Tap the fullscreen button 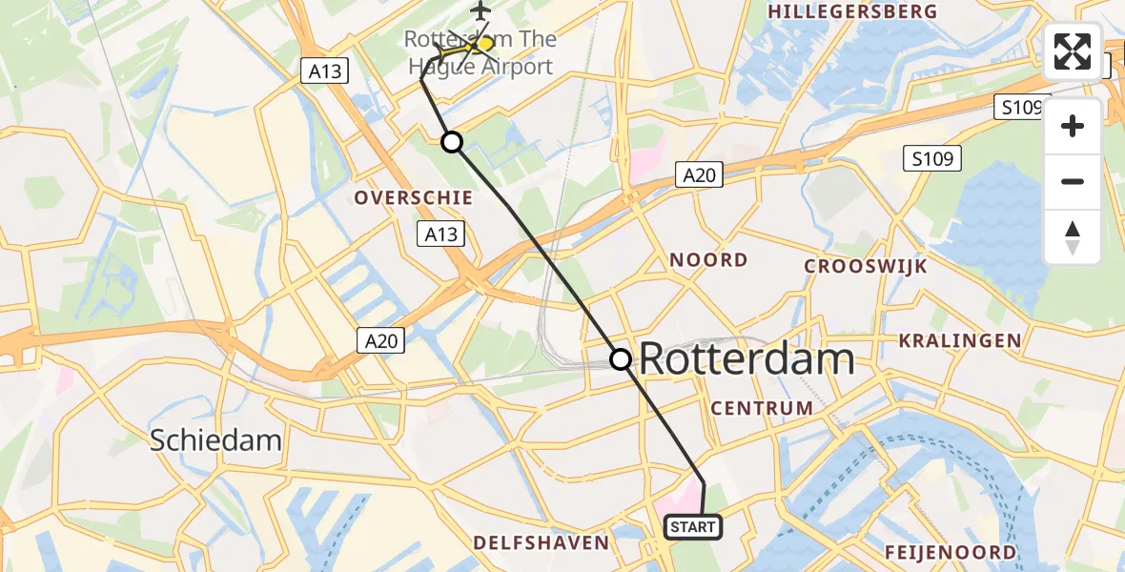click(x=1073, y=51)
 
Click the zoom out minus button click(x=1073, y=181)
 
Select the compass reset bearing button click(x=1073, y=237)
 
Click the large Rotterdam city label click(x=746, y=359)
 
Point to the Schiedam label click(x=215, y=439)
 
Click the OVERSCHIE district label click(x=413, y=197)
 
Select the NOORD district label click(x=708, y=260)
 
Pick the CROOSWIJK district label click(x=866, y=266)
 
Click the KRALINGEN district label click(x=959, y=340)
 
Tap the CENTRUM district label click(x=762, y=408)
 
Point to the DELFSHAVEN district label click(x=541, y=542)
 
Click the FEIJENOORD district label click(x=951, y=552)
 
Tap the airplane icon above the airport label click(x=479, y=10)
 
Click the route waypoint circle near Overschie click(x=452, y=142)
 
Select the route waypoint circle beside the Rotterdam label click(x=621, y=359)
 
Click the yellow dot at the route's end click(x=485, y=43)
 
